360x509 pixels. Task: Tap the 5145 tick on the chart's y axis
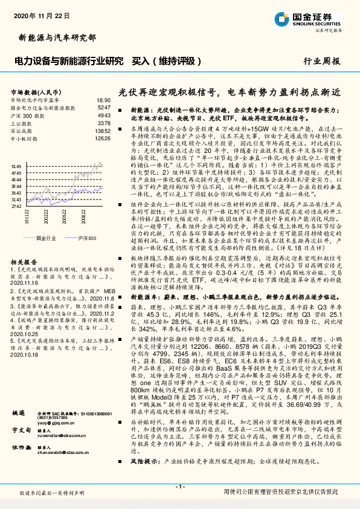click(16, 166)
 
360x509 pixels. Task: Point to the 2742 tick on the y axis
click(16, 206)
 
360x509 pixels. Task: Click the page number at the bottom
click(179, 487)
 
